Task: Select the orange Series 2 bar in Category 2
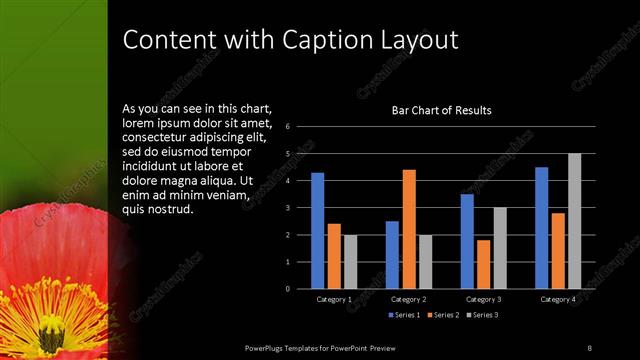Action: click(x=409, y=229)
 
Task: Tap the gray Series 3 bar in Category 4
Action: click(x=574, y=221)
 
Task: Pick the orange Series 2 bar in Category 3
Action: click(x=483, y=264)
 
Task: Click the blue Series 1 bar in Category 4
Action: click(x=542, y=228)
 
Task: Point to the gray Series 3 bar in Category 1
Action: click(x=350, y=262)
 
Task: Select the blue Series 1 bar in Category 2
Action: click(x=392, y=255)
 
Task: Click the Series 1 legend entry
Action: click(x=403, y=315)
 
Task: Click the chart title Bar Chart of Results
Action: click(x=441, y=111)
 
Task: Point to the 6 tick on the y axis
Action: click(x=288, y=127)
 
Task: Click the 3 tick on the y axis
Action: click(x=288, y=208)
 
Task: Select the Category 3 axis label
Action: click(x=483, y=299)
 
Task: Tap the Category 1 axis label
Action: click(x=334, y=299)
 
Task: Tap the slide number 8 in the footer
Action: click(x=589, y=347)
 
